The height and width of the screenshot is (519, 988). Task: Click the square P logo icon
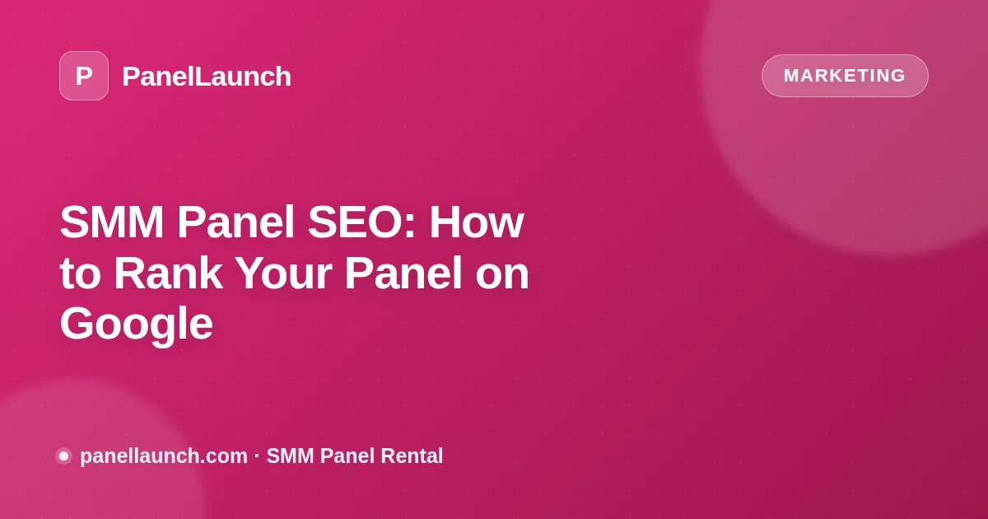tap(84, 76)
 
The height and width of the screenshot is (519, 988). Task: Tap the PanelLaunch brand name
tap(207, 77)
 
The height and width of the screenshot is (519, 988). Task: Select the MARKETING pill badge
tap(845, 76)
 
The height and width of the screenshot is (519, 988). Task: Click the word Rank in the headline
tap(168, 274)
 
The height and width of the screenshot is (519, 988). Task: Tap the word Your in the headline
tap(283, 274)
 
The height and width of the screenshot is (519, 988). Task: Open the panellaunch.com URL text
tap(164, 456)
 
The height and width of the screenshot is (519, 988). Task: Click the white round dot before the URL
tap(64, 456)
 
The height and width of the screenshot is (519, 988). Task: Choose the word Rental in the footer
tap(412, 456)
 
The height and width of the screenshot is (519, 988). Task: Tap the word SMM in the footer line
tap(290, 456)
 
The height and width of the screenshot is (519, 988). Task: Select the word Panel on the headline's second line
tap(403, 274)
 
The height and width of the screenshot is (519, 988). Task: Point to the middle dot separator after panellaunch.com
tap(257, 456)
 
